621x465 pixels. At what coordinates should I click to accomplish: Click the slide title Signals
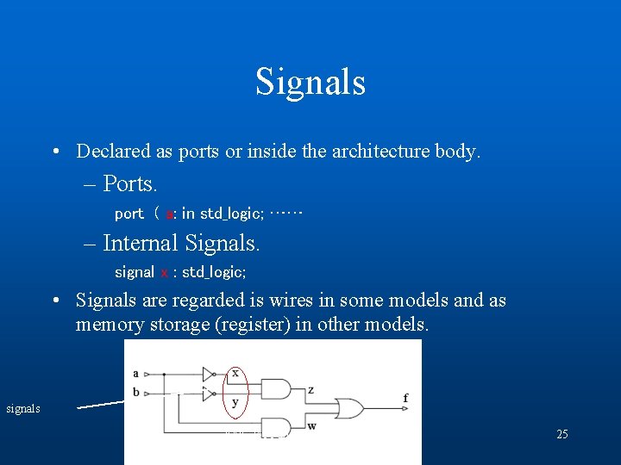310,82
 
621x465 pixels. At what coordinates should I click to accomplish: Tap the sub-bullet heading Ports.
130,183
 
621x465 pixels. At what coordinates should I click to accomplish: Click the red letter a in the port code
170,214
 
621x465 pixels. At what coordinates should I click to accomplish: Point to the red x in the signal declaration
164,272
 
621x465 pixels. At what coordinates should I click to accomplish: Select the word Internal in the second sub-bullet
140,243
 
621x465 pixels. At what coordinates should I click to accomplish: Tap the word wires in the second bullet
289,301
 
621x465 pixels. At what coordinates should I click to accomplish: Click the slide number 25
561,434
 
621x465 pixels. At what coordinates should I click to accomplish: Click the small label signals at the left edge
23,408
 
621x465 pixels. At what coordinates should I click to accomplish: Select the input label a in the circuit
136,373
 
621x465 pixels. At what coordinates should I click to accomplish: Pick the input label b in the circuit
136,393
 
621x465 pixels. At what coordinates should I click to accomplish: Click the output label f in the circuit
405,398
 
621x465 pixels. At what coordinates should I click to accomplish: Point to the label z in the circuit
310,390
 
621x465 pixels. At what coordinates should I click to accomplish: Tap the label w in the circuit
310,425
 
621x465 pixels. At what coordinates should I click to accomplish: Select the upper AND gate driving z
274,389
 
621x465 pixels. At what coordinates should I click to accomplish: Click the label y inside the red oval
235,402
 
